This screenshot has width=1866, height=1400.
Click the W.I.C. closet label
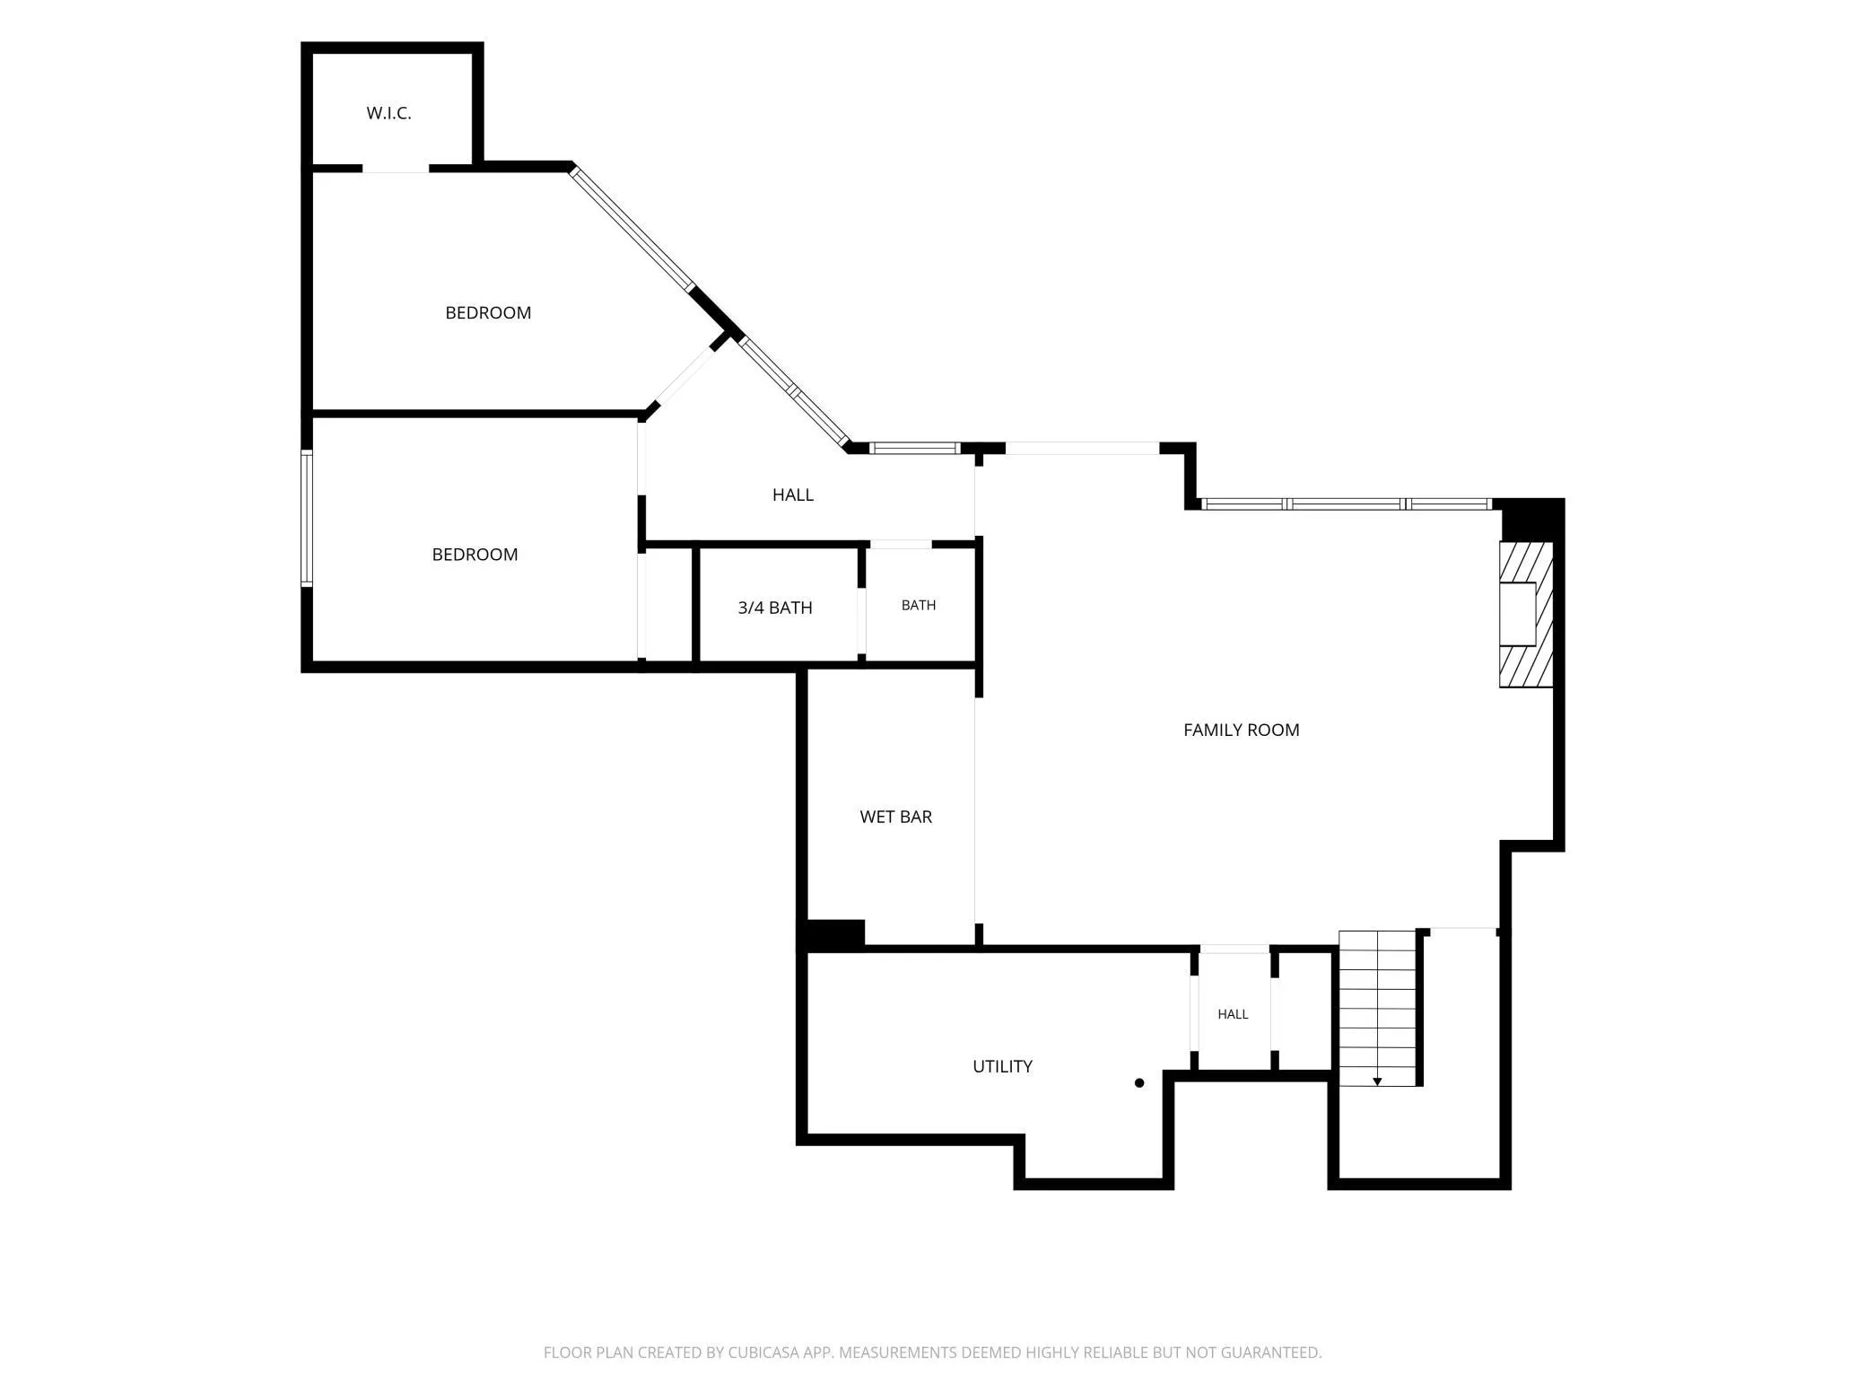(388, 113)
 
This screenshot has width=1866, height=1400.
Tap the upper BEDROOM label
(488, 312)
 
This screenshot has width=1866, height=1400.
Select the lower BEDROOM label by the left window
(475, 555)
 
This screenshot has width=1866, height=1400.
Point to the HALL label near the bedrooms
(793, 494)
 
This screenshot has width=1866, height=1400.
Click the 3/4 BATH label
(775, 608)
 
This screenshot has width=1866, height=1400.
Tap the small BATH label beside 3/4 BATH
(919, 605)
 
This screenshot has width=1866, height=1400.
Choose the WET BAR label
(896, 817)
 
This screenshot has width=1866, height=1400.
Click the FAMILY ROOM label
(1242, 730)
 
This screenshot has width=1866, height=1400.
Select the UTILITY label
(1003, 1066)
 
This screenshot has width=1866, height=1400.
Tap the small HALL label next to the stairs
(1233, 1014)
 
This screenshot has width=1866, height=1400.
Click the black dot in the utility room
(1139, 1083)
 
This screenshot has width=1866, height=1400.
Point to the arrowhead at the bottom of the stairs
(1377, 1082)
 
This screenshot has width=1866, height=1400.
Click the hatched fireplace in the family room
(1526, 615)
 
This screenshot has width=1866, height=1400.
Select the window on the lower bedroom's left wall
(307, 519)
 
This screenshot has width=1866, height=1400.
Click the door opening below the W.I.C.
(396, 169)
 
